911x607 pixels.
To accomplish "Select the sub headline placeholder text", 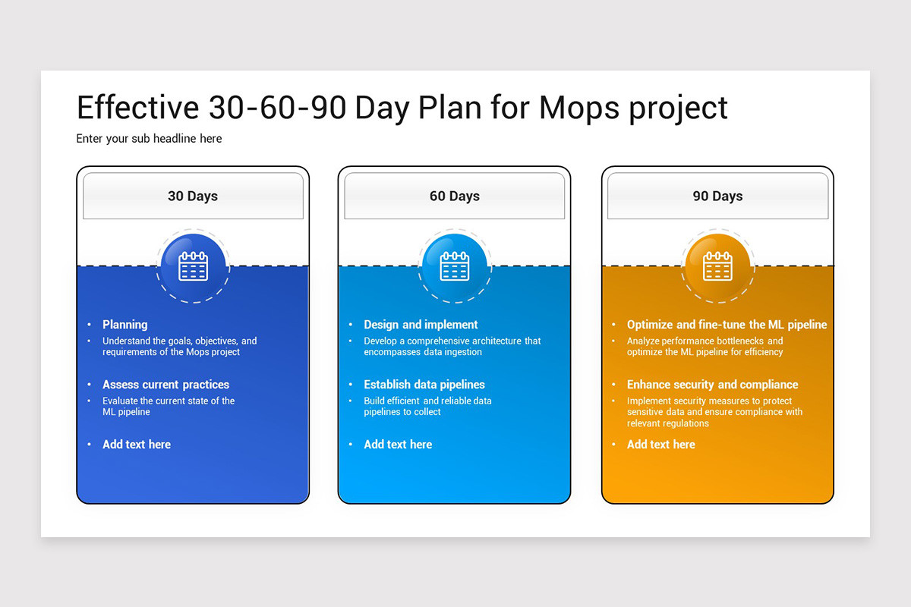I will pyautogui.click(x=149, y=139).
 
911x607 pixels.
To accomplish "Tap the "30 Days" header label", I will pyautogui.click(x=193, y=197).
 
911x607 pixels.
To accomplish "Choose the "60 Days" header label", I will pyautogui.click(x=455, y=197).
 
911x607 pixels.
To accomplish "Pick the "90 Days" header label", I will pyautogui.click(x=717, y=197).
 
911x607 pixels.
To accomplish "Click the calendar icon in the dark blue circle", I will pyautogui.click(x=193, y=266).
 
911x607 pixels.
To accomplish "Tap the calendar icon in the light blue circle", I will pyautogui.click(x=455, y=266).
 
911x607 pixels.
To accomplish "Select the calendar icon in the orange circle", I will pyautogui.click(x=717, y=266).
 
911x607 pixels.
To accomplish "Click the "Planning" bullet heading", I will pyautogui.click(x=125, y=325).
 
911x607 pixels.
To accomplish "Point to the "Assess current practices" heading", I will pyautogui.click(x=165, y=385).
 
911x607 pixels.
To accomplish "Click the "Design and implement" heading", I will pyautogui.click(x=421, y=325).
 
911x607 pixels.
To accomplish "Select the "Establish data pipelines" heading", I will pyautogui.click(x=424, y=385).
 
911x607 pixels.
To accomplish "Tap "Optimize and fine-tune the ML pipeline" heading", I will pyautogui.click(x=727, y=325).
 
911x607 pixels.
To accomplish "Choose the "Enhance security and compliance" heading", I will pyautogui.click(x=712, y=385).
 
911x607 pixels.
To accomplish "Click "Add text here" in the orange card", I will pyautogui.click(x=660, y=445).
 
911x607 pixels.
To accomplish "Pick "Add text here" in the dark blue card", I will pyautogui.click(x=137, y=445).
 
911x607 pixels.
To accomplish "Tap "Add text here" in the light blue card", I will pyautogui.click(x=398, y=445).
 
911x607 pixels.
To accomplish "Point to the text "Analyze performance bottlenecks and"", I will pyautogui.click(x=705, y=341).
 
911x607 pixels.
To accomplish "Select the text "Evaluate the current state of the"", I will pyautogui.click(x=169, y=401).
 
